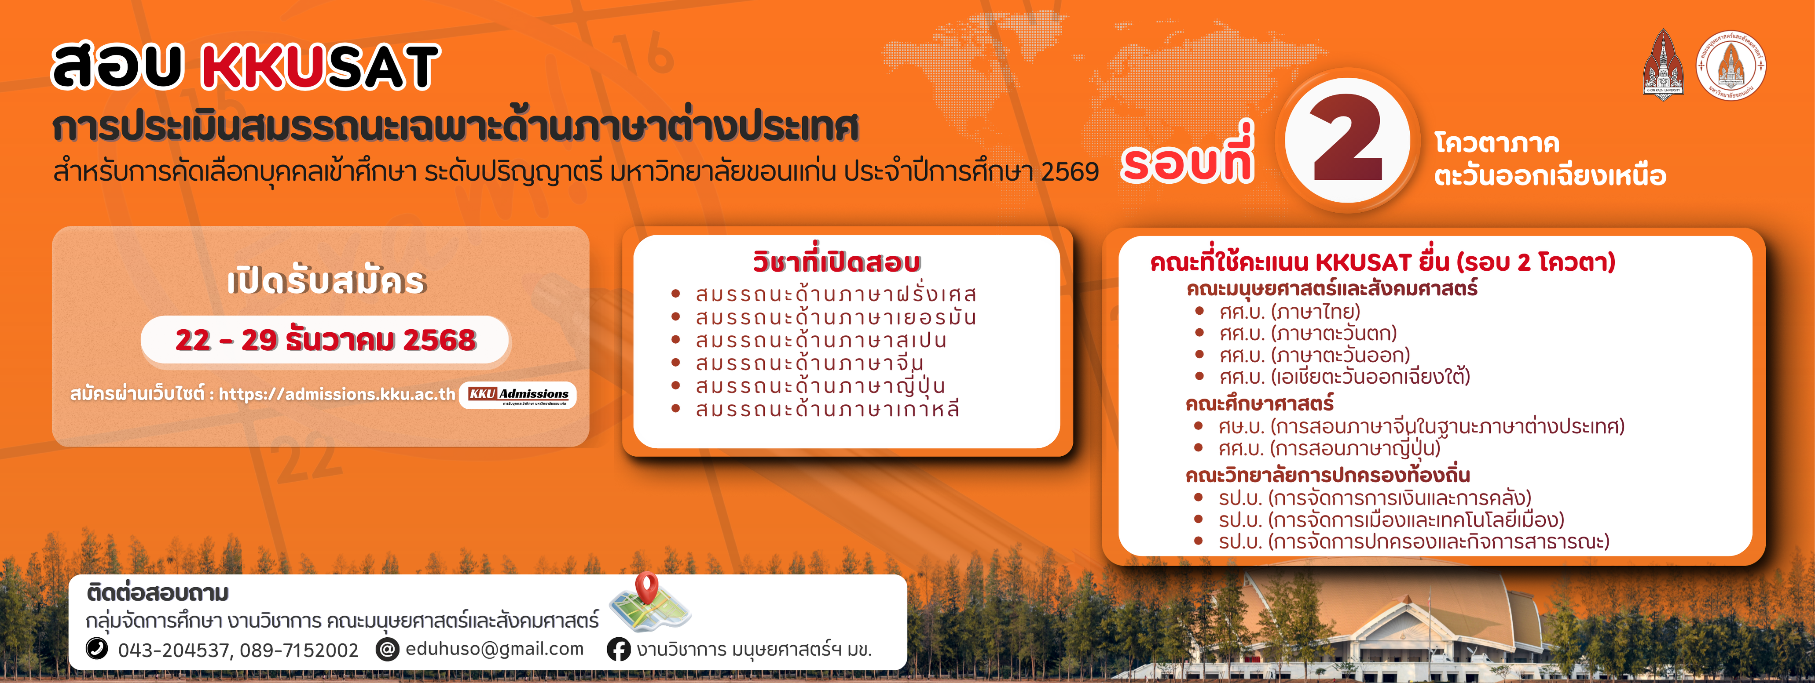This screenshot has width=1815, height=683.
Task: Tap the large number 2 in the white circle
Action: (1348, 139)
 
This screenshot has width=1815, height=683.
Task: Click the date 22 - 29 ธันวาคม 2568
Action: (326, 340)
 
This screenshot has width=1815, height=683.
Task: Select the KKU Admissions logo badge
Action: (518, 395)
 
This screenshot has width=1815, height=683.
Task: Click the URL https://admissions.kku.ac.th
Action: (337, 394)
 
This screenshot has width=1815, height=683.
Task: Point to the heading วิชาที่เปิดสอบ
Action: (836, 261)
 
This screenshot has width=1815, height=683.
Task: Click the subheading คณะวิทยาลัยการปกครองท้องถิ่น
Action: (1327, 475)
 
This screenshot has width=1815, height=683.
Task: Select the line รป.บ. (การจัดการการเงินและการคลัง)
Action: (1375, 498)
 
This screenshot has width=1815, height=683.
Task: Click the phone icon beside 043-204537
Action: (96, 648)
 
